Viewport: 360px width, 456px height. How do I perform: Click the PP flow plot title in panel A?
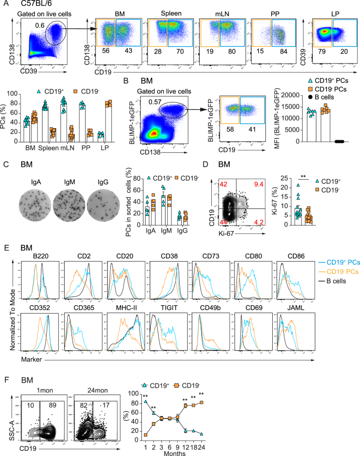(x=269, y=11)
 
